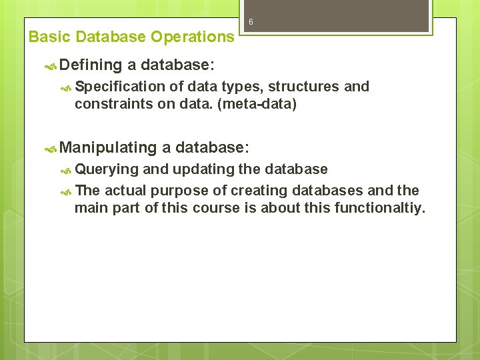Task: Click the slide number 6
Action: [x=251, y=22]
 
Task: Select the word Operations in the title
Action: [x=193, y=37]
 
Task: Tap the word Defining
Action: [x=91, y=65]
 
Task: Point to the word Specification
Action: [x=120, y=87]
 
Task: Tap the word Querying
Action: [x=107, y=169]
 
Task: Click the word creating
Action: [x=255, y=191]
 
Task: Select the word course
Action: [x=215, y=208]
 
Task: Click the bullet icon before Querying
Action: [x=66, y=170]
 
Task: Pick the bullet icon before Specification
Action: [x=66, y=87]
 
